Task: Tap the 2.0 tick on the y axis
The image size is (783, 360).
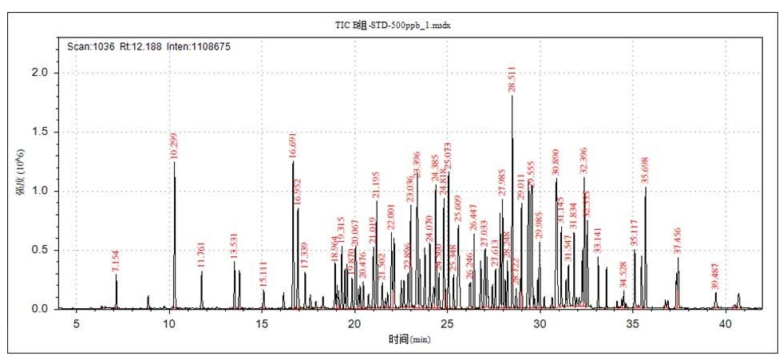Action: (39, 73)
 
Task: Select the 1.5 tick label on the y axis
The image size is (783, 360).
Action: (39, 132)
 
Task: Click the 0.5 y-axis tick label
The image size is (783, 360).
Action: (39, 250)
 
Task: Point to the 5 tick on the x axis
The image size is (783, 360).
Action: (77, 323)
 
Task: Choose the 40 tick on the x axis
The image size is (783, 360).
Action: (726, 323)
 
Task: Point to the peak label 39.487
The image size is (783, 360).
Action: (715, 275)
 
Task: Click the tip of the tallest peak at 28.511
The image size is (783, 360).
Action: (512, 96)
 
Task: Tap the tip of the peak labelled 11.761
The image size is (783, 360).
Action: (202, 271)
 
